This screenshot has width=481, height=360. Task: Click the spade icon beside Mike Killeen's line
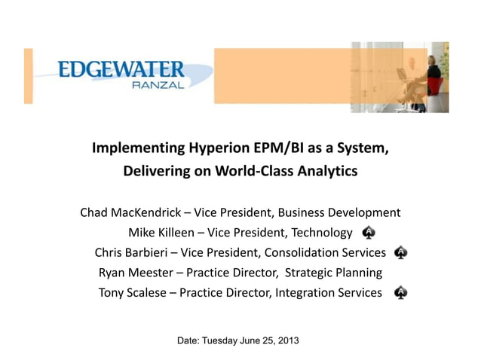tap(369, 232)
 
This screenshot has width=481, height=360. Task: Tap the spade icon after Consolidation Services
tap(401, 252)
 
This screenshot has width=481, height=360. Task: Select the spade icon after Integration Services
tap(401, 292)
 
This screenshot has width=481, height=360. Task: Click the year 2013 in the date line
tap(287, 341)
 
